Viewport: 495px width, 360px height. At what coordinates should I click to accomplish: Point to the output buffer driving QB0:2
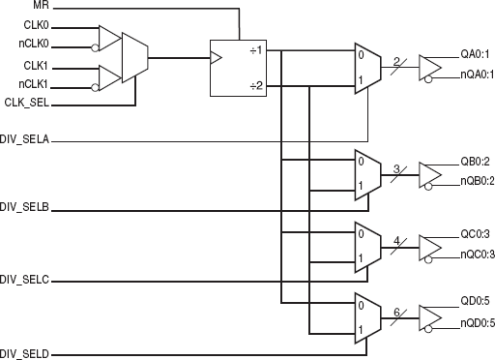pos(428,173)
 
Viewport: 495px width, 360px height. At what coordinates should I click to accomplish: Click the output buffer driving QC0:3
pos(428,245)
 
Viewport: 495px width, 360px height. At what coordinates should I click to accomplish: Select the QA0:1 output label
pos(477,54)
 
